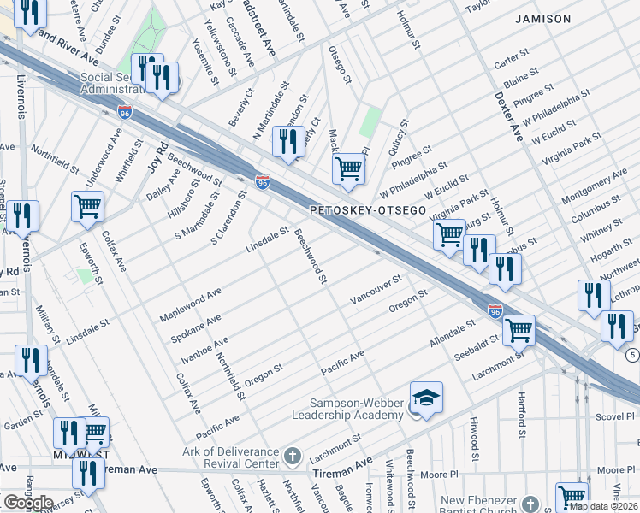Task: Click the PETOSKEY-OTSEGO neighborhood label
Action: pos(367,209)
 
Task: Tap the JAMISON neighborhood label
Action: pos(542,18)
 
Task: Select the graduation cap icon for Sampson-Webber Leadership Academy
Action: pos(426,398)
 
